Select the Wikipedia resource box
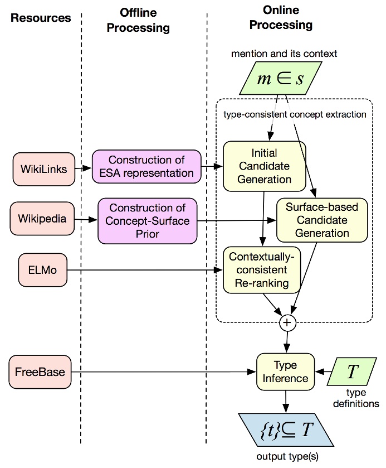click(x=42, y=219)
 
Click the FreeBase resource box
click(x=40, y=371)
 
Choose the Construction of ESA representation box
click(x=146, y=166)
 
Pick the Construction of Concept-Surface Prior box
click(x=148, y=221)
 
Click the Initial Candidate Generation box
click(x=264, y=166)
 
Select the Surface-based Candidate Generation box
click(x=322, y=220)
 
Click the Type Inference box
click(x=285, y=371)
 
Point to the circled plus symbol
click(x=287, y=322)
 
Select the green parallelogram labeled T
click(x=353, y=371)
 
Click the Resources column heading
click(x=40, y=17)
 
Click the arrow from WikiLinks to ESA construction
click(x=82, y=167)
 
